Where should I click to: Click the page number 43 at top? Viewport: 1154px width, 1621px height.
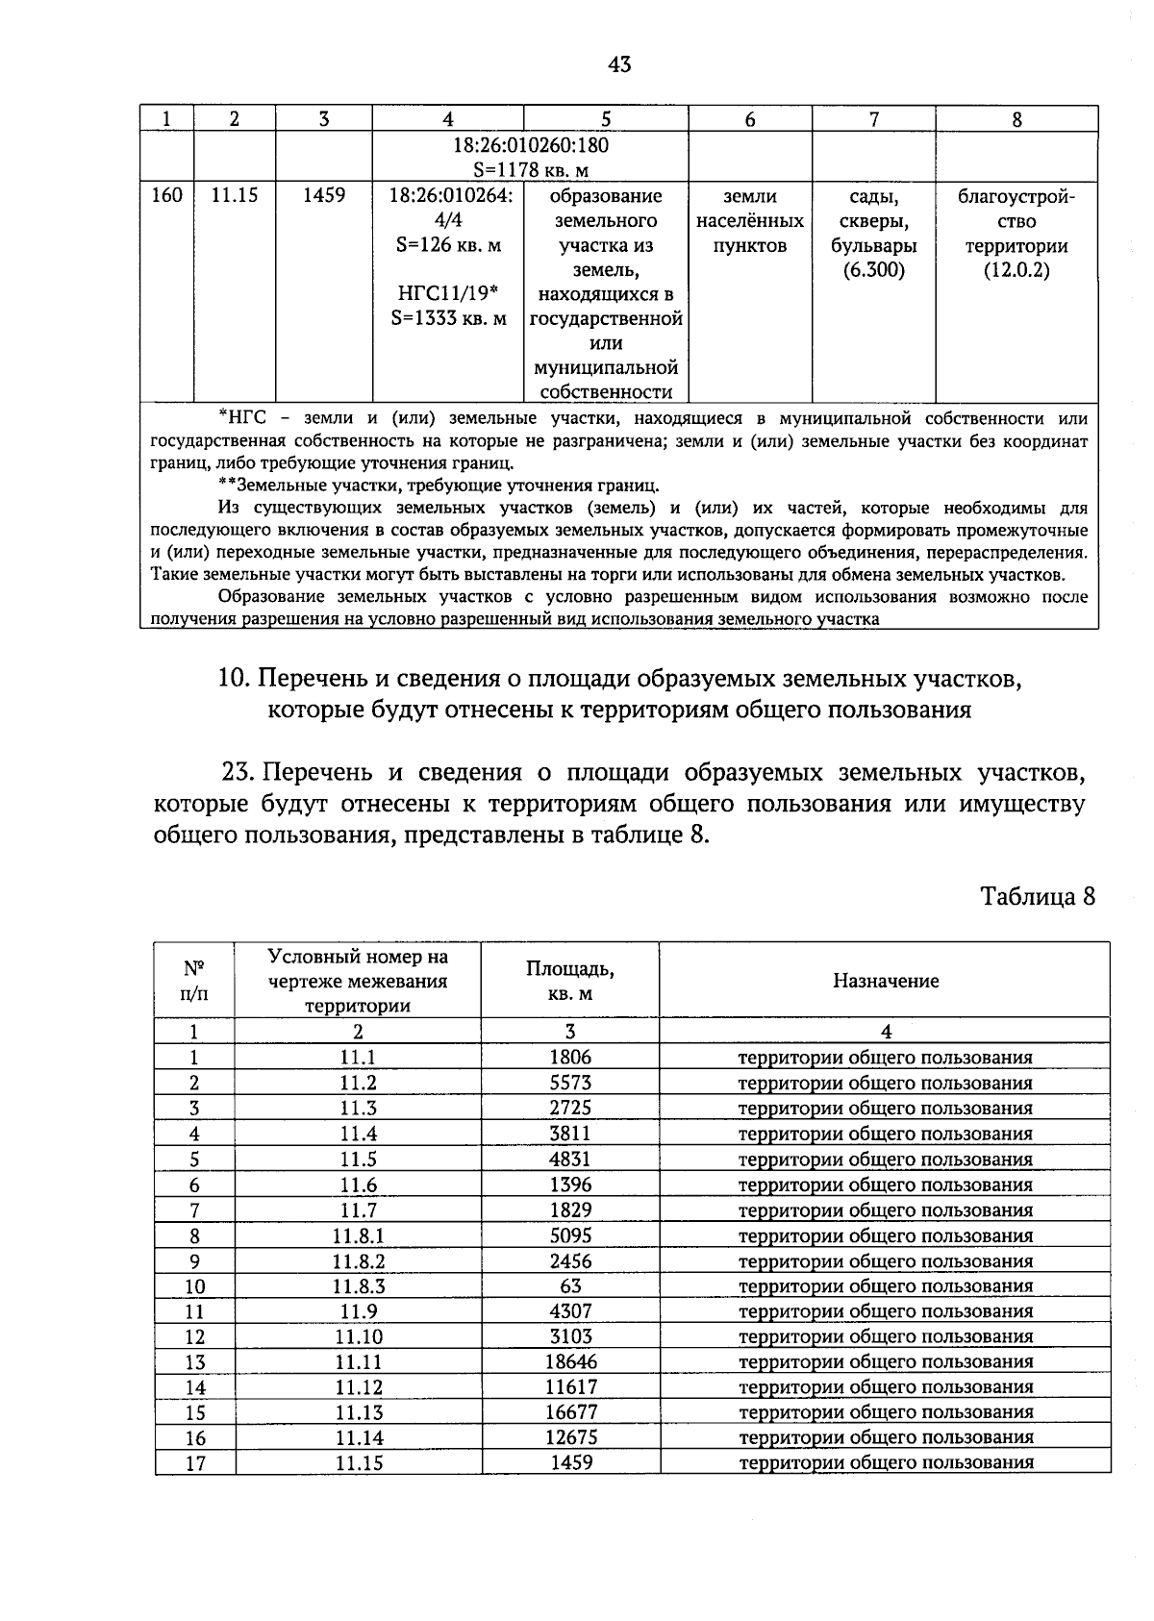[619, 65]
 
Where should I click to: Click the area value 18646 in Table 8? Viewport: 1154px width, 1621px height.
[570, 1361]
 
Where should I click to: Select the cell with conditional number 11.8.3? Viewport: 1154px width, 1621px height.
[359, 1286]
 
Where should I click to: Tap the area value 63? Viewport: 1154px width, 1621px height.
[570, 1286]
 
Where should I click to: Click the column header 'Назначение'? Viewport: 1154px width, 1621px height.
[885, 981]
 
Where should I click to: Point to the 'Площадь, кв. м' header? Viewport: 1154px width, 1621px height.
[570, 981]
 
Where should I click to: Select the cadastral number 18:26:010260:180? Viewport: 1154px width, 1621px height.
[530, 145]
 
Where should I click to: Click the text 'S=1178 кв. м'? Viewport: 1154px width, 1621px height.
[530, 170]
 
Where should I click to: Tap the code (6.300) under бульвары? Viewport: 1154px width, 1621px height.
[873, 270]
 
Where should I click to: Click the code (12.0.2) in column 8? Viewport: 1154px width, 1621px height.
[1016, 270]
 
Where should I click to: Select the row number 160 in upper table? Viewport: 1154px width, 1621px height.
[167, 196]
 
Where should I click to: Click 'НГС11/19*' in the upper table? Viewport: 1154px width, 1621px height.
[447, 294]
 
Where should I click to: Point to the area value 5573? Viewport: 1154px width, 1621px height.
[570, 1083]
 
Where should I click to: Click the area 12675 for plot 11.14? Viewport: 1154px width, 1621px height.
[570, 1437]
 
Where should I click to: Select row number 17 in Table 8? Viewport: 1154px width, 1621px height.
[195, 1463]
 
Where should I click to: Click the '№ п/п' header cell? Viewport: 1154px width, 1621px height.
[194, 981]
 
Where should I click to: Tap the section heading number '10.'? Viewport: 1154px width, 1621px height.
[235, 679]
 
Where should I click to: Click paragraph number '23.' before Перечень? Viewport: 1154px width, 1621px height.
[238, 772]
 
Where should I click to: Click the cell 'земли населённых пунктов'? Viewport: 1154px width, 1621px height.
[750, 221]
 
